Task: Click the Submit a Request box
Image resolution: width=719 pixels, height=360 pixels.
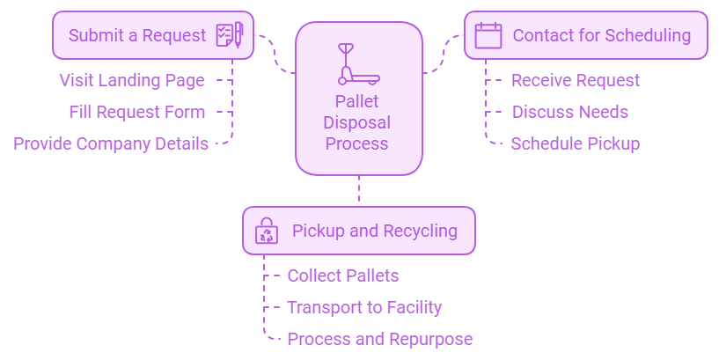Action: tap(152, 35)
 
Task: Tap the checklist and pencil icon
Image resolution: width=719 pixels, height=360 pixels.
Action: tap(229, 35)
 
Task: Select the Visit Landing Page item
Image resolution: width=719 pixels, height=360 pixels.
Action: tap(132, 81)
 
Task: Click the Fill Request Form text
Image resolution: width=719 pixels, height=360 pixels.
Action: tap(137, 113)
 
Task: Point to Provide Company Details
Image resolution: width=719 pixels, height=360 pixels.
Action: tap(111, 143)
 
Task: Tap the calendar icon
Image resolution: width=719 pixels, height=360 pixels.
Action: tap(488, 35)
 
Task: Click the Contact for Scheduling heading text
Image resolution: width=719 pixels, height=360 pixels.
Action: tap(601, 35)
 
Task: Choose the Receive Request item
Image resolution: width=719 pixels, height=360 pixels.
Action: tap(576, 81)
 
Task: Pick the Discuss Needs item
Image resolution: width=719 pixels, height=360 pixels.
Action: tap(570, 113)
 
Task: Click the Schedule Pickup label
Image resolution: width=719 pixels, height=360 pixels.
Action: tap(576, 143)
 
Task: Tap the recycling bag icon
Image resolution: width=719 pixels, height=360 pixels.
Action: tap(266, 231)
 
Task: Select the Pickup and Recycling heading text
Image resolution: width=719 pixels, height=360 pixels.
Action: tap(375, 231)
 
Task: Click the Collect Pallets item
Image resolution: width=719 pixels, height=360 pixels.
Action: tap(343, 276)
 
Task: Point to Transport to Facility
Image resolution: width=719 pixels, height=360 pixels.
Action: tap(364, 308)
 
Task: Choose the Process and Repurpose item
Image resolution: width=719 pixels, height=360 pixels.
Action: tap(380, 340)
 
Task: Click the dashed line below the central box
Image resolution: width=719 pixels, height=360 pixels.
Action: tap(359, 190)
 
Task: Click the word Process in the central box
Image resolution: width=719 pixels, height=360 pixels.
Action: tap(357, 143)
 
